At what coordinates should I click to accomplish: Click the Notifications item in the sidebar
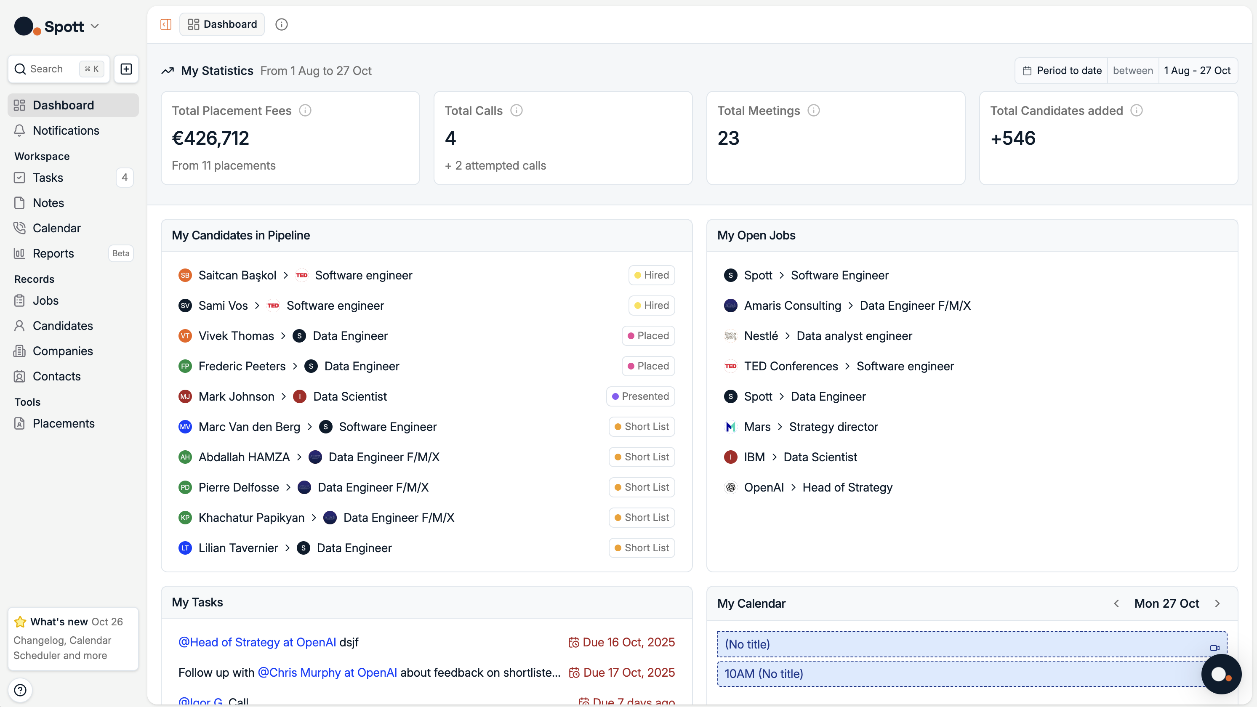(x=66, y=130)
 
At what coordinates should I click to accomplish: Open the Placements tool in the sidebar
(x=64, y=423)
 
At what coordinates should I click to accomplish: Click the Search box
(x=46, y=69)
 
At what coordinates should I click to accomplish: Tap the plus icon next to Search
(x=126, y=69)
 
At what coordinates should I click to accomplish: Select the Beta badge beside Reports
(x=120, y=253)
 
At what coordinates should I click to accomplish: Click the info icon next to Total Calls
(x=516, y=111)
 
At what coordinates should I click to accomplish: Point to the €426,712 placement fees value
(x=210, y=138)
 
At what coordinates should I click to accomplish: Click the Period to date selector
(x=1062, y=71)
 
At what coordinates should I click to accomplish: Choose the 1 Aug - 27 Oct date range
(x=1197, y=71)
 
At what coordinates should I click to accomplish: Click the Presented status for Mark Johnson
(x=640, y=396)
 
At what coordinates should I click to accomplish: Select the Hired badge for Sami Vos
(x=651, y=306)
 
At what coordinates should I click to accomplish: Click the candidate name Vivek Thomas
(x=236, y=336)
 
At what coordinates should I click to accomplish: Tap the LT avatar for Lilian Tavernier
(x=185, y=548)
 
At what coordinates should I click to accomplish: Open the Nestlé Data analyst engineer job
(x=854, y=336)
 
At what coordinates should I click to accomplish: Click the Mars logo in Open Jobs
(x=730, y=427)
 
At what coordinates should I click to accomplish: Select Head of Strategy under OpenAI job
(x=847, y=487)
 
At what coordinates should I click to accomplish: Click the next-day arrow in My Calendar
(x=1217, y=603)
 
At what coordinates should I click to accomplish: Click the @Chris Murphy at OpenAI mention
(x=327, y=672)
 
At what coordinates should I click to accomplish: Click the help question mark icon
(x=20, y=690)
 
